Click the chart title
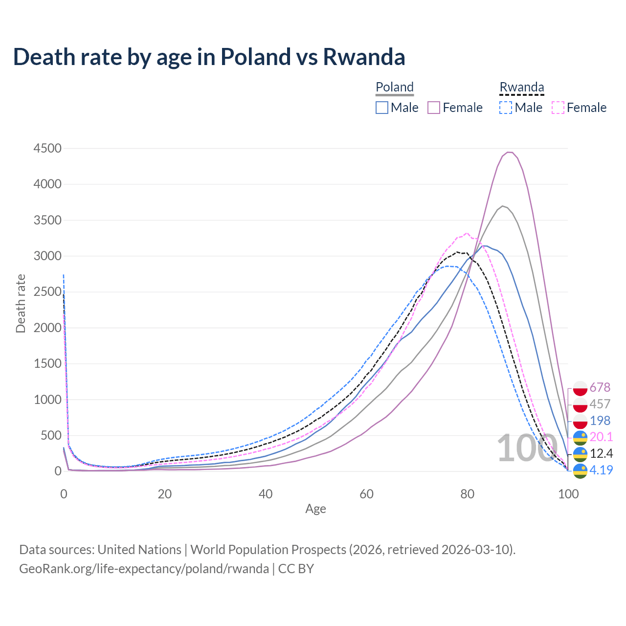(209, 57)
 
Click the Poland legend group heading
(395, 87)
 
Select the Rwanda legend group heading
(521, 87)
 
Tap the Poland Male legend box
(382, 108)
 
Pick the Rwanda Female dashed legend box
(558, 108)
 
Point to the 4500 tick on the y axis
(47, 148)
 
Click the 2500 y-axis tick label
(47, 292)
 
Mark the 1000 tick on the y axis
(47, 400)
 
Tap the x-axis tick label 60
(366, 494)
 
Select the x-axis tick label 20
(165, 494)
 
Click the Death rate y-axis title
(21, 303)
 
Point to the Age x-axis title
(315, 509)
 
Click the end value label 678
(600, 387)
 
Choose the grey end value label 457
(600, 404)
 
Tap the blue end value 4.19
(601, 470)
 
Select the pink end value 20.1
(601, 437)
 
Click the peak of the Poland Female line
(509, 152)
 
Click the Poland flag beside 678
(580, 388)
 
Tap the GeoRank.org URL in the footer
(144, 569)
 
